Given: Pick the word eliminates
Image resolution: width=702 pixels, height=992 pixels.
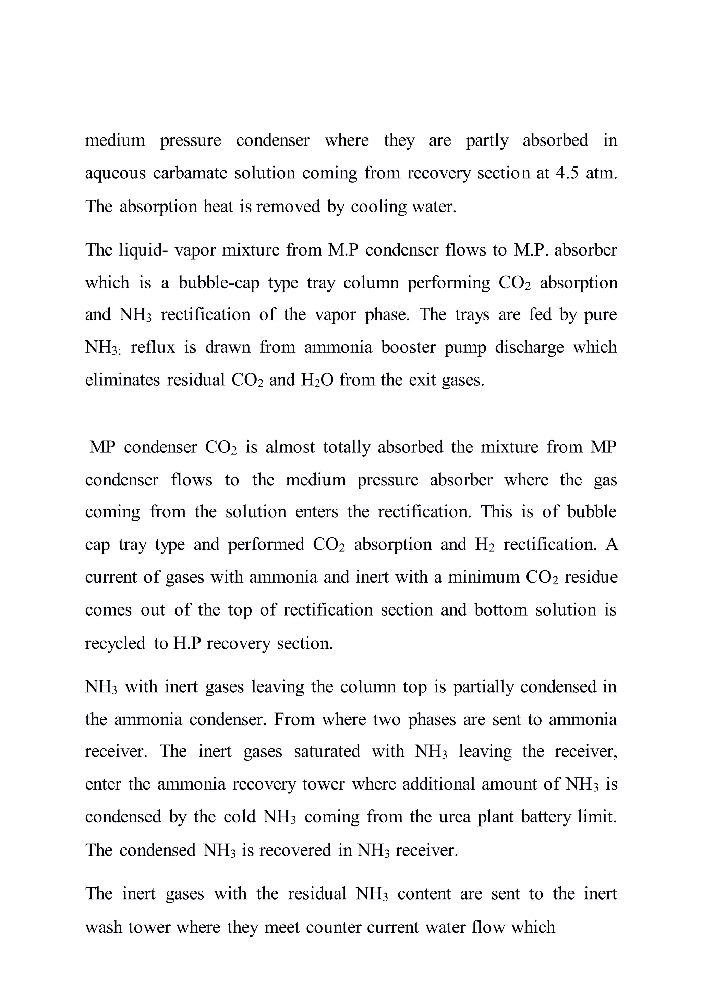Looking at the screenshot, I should (122, 380).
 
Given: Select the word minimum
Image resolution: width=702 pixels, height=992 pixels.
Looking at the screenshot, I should (483, 577).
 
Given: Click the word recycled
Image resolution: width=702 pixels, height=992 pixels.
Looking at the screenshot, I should (114, 643).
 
